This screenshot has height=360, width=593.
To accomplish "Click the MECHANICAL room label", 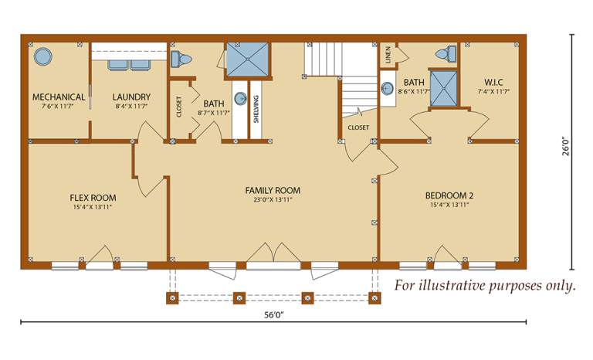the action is coord(59,97).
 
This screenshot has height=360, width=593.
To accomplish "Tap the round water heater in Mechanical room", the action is coord(42,57).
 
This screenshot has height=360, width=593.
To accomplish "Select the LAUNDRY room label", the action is coord(131,97).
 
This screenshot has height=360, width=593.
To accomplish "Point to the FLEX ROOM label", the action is coord(93,198).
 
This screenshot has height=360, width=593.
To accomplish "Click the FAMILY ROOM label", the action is coord(273,190).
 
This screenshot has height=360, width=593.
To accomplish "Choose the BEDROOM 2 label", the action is coord(449,195).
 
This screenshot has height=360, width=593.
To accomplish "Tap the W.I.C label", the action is coord(493,83).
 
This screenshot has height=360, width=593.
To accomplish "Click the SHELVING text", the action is coord(256,109).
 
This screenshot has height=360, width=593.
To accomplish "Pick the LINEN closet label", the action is coord(388,55).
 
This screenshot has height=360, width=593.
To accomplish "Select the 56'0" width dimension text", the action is coord(274,315).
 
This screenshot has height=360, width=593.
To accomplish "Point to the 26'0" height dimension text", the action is coord(565,146).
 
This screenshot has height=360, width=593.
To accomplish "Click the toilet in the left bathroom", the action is coord(181,59).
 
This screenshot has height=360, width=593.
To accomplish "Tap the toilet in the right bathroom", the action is coord(446,53).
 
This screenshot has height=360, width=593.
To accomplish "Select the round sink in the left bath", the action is coord(241,98).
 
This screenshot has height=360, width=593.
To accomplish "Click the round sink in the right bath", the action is coord(387,89).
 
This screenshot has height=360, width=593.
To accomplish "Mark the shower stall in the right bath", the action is coord(443,89).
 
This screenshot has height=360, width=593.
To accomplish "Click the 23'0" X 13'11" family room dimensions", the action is coord(273,200).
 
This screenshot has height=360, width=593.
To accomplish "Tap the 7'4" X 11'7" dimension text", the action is coord(493,91).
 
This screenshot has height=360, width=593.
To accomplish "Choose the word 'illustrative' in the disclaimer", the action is coord(452,285).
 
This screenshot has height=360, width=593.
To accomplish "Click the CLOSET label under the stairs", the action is coord(358,127).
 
